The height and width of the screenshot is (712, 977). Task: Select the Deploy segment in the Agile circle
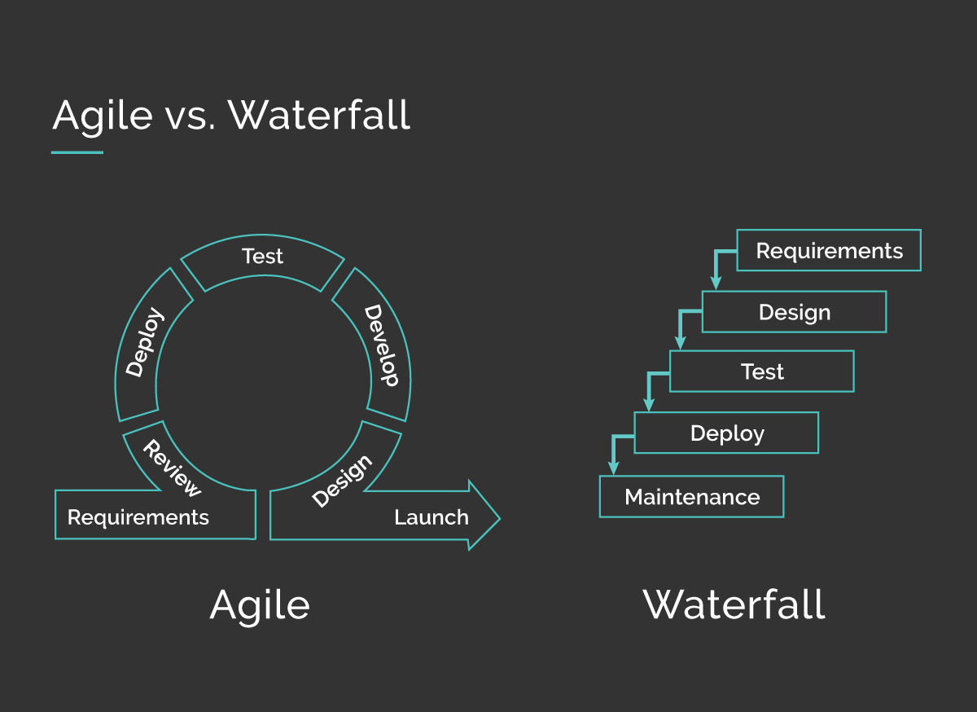[146, 342]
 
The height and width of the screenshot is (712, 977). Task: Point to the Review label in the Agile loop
[171, 468]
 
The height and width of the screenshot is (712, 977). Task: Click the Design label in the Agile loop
[342, 481]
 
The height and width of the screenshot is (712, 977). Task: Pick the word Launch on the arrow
[431, 517]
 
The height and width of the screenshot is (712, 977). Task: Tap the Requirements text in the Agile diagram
[138, 517]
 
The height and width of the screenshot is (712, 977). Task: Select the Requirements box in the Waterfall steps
[829, 251]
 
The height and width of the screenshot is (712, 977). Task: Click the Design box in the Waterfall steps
[794, 313]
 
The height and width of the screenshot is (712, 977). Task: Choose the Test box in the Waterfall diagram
[761, 371]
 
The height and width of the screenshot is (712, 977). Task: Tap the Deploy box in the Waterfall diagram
[726, 433]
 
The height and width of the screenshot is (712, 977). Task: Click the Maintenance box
[691, 497]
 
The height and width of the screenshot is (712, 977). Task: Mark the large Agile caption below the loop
[260, 605]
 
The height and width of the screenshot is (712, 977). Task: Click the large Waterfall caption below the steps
[734, 605]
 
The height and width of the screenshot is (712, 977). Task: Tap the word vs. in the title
[190, 116]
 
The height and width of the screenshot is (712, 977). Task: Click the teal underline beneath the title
[77, 152]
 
